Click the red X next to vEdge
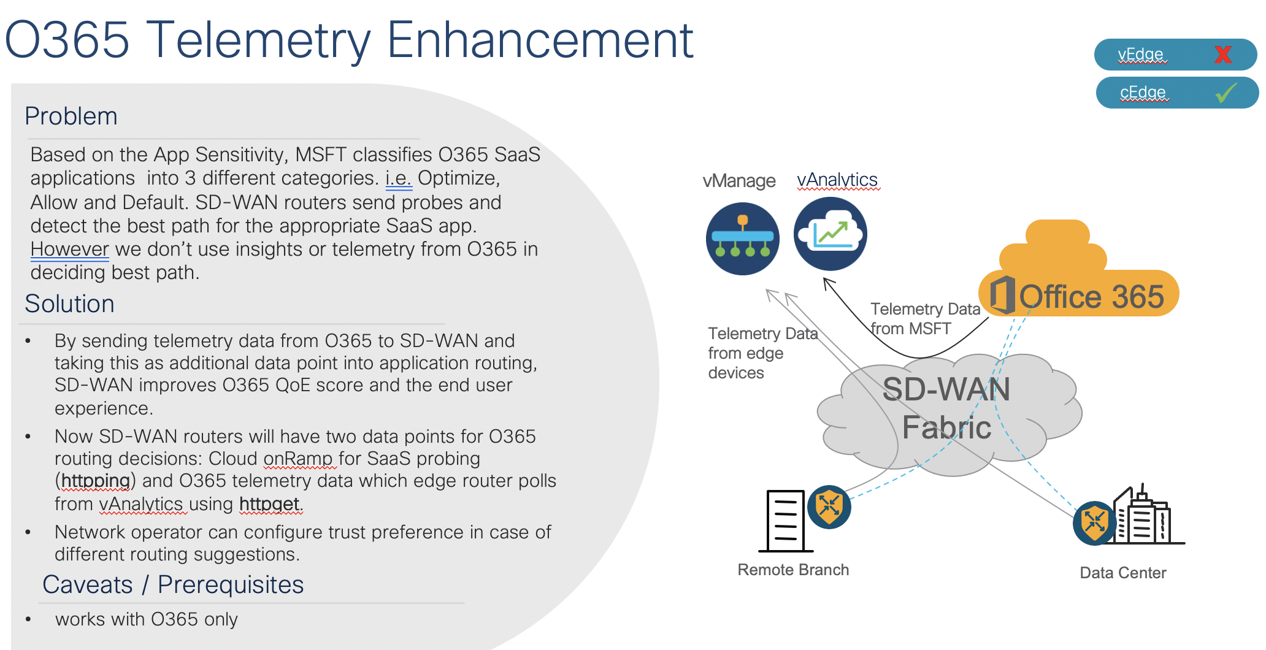[x=1222, y=55]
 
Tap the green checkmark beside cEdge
[x=1226, y=93]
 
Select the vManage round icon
[x=742, y=239]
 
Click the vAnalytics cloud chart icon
[x=830, y=234]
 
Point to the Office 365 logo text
[x=1091, y=297]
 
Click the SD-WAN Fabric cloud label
[x=946, y=408]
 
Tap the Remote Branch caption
[x=793, y=570]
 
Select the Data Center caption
[x=1123, y=573]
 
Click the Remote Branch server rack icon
[x=785, y=521]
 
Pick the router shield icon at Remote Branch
[x=829, y=507]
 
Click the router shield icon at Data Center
[x=1095, y=523]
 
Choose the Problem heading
[x=71, y=117]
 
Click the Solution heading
[x=69, y=304]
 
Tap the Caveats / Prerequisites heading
[x=173, y=585]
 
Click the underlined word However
[x=69, y=249]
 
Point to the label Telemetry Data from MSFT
[x=925, y=319]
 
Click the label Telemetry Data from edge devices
[x=762, y=353]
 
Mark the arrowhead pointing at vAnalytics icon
[x=827, y=283]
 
